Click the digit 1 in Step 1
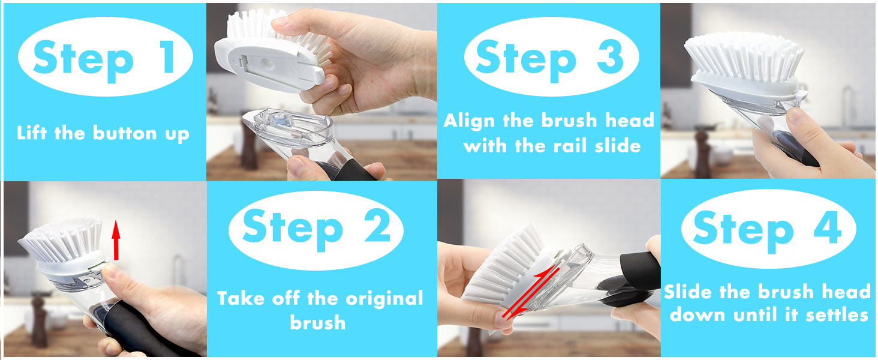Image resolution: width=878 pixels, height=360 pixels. pyautogui.click(x=169, y=57)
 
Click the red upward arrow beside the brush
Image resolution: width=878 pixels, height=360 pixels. pyautogui.click(x=116, y=240)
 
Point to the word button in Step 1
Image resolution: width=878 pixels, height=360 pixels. pyautogui.click(x=125, y=133)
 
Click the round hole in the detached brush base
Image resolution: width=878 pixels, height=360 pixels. pyautogui.click(x=267, y=62)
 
